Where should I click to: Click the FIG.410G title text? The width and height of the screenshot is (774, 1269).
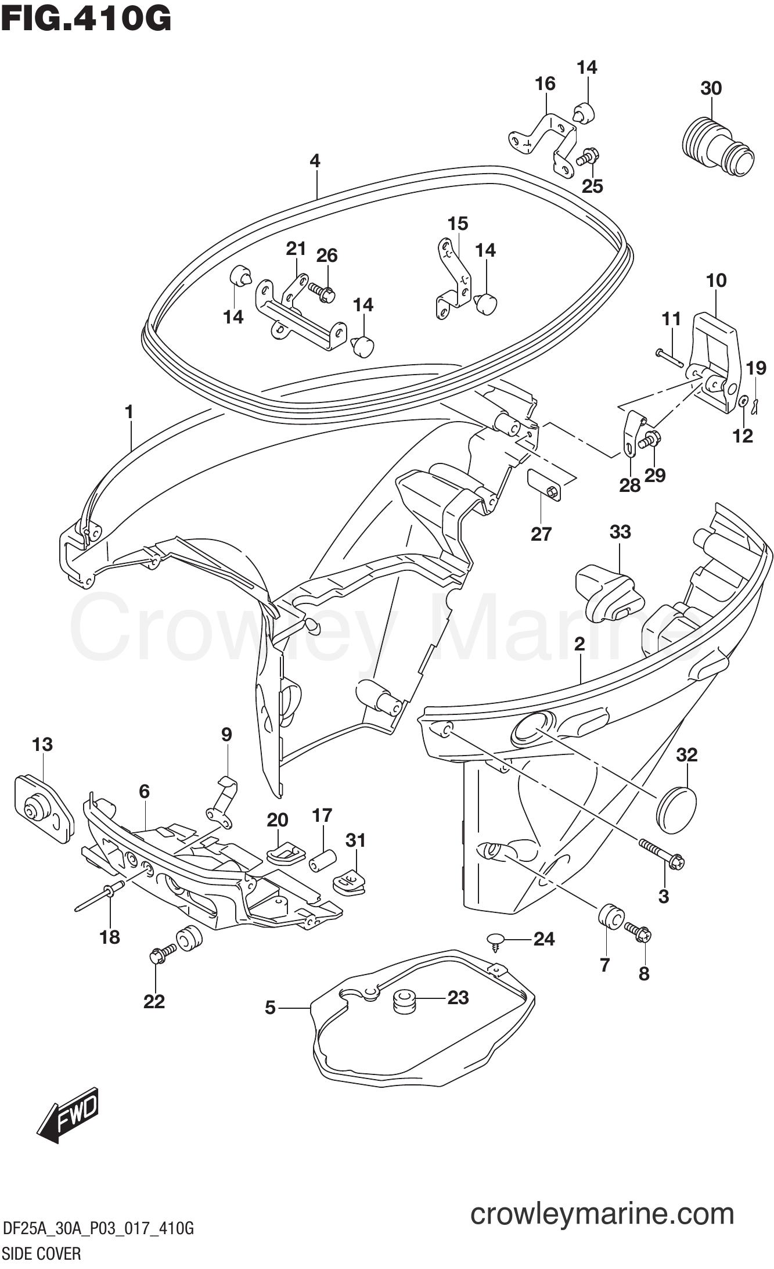[86, 19]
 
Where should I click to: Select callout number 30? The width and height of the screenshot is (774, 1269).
[711, 88]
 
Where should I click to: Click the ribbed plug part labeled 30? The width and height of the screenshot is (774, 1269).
[718, 145]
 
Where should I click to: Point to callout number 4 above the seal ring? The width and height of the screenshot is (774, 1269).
[315, 160]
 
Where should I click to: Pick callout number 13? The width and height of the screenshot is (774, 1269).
[42, 744]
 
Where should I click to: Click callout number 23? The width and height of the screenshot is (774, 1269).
[458, 997]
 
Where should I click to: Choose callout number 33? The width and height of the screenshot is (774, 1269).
[620, 531]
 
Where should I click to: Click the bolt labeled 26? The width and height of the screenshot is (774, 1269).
[320, 290]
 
